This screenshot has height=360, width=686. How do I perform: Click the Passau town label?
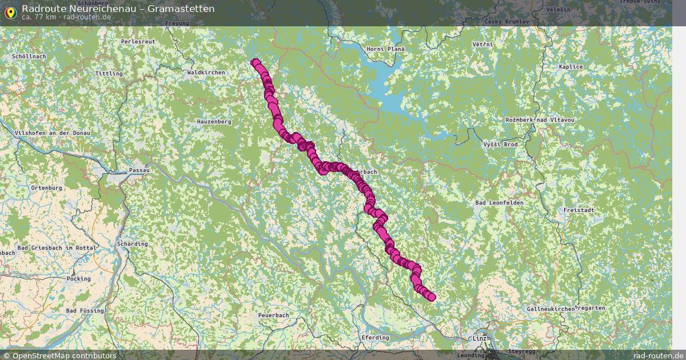tap(139, 170)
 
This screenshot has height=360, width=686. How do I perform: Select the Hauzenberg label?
tap(214, 122)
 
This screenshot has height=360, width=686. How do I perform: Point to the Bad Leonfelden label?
tap(499, 203)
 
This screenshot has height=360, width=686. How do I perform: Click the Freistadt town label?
tap(579, 210)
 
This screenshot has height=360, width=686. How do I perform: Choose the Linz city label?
tap(480, 339)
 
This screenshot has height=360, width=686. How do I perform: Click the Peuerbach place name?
tap(273, 315)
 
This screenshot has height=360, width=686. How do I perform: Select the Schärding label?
tap(132, 244)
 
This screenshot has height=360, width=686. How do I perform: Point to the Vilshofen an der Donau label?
tap(53, 133)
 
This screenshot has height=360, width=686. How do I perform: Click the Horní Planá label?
tap(385, 49)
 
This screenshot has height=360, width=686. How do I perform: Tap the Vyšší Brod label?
tap(500, 144)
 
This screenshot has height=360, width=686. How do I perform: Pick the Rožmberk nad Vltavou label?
tap(540, 120)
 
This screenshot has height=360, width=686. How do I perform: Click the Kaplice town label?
tap(571, 67)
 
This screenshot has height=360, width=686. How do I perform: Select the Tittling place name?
tap(109, 74)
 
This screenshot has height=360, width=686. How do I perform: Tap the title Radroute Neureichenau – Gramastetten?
tap(118, 9)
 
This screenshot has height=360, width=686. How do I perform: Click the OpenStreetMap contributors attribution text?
tap(64, 355)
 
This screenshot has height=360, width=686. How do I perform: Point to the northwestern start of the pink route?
tap(255, 63)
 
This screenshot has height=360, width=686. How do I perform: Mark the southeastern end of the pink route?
tap(431, 297)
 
